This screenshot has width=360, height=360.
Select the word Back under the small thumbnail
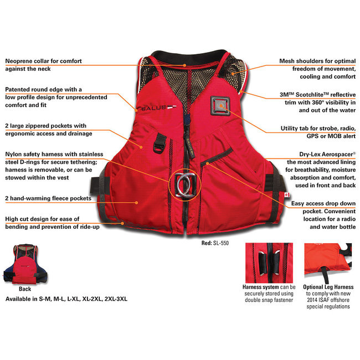coord(25,289)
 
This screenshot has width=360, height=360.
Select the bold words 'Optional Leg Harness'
coord(329,287)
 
